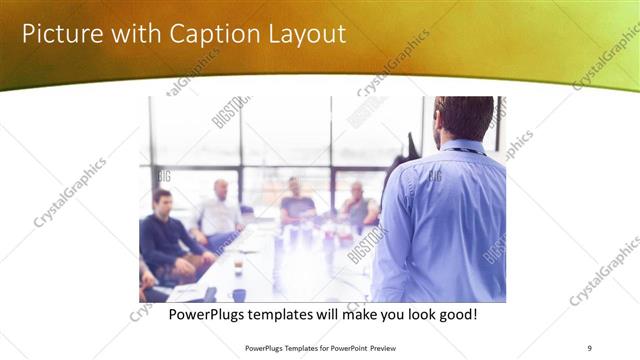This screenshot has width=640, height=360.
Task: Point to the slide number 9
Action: [589, 347]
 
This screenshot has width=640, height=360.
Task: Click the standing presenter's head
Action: [464, 118]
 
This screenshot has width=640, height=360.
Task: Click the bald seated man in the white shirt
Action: [221, 210]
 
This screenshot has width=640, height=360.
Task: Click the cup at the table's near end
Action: [238, 294]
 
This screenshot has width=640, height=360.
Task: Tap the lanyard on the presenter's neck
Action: [466, 150]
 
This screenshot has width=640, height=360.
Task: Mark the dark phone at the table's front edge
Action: [210, 294]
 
